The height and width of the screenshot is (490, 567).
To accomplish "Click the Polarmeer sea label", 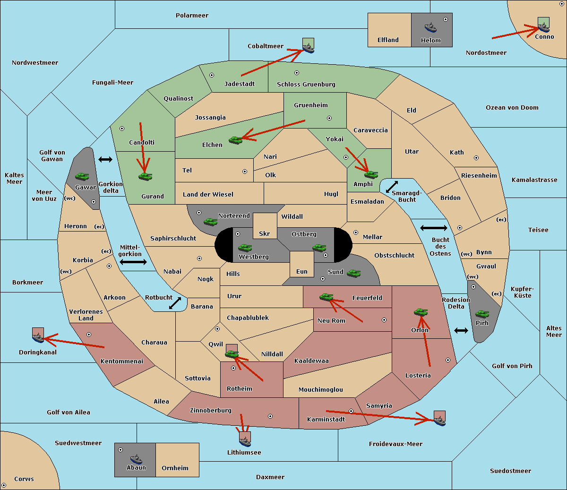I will (192, 16).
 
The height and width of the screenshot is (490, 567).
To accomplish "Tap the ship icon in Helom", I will (430, 27).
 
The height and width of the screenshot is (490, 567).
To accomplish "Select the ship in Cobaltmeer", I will (308, 47).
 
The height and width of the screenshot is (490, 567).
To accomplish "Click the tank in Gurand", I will (145, 176).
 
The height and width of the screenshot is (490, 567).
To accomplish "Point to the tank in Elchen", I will (235, 140).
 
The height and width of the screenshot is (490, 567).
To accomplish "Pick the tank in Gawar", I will (82, 176).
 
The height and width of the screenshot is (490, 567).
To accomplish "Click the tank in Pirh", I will (482, 314).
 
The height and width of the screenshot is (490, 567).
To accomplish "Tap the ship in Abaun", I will (136, 459).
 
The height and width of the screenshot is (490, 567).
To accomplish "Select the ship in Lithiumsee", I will (245, 440).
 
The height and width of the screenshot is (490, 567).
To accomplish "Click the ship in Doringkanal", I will (38, 337).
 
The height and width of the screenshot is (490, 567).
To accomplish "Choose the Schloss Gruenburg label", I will (306, 85).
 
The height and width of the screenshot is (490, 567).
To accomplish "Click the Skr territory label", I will (265, 233).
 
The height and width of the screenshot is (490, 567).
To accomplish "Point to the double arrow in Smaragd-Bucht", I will (392, 187).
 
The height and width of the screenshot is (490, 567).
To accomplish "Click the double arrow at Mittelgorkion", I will (133, 262).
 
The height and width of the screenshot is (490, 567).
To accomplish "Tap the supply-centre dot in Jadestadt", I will (212, 75).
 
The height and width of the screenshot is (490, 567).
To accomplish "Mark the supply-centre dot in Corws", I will (4, 485).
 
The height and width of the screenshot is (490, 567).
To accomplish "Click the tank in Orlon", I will (421, 312).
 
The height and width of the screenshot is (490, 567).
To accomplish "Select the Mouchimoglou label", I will (320, 390).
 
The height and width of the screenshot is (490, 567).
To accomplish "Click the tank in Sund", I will (353, 273).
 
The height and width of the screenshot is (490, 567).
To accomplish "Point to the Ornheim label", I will (175, 468).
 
